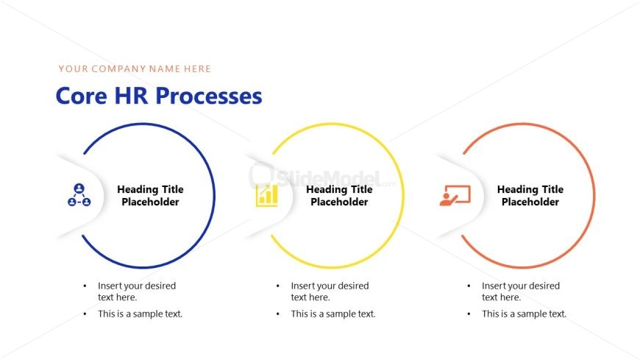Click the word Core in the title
tap(82, 96)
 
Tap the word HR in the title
tap(131, 96)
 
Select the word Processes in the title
tap(209, 96)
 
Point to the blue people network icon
tap(79, 195)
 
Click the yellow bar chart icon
tap(267, 196)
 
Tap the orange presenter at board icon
tap(455, 195)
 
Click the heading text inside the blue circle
tap(150, 195)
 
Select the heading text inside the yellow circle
tap(339, 195)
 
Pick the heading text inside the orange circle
tap(530, 195)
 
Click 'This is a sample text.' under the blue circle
tap(140, 314)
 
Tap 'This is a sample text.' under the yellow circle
tap(333, 314)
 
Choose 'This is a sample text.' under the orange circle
tap(524, 314)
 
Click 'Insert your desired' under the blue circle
tap(137, 286)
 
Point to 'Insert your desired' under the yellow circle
tap(330, 286)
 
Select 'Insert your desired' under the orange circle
tap(521, 286)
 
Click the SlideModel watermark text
tap(329, 178)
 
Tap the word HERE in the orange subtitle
tap(197, 68)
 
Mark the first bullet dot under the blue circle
tap(85, 286)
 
